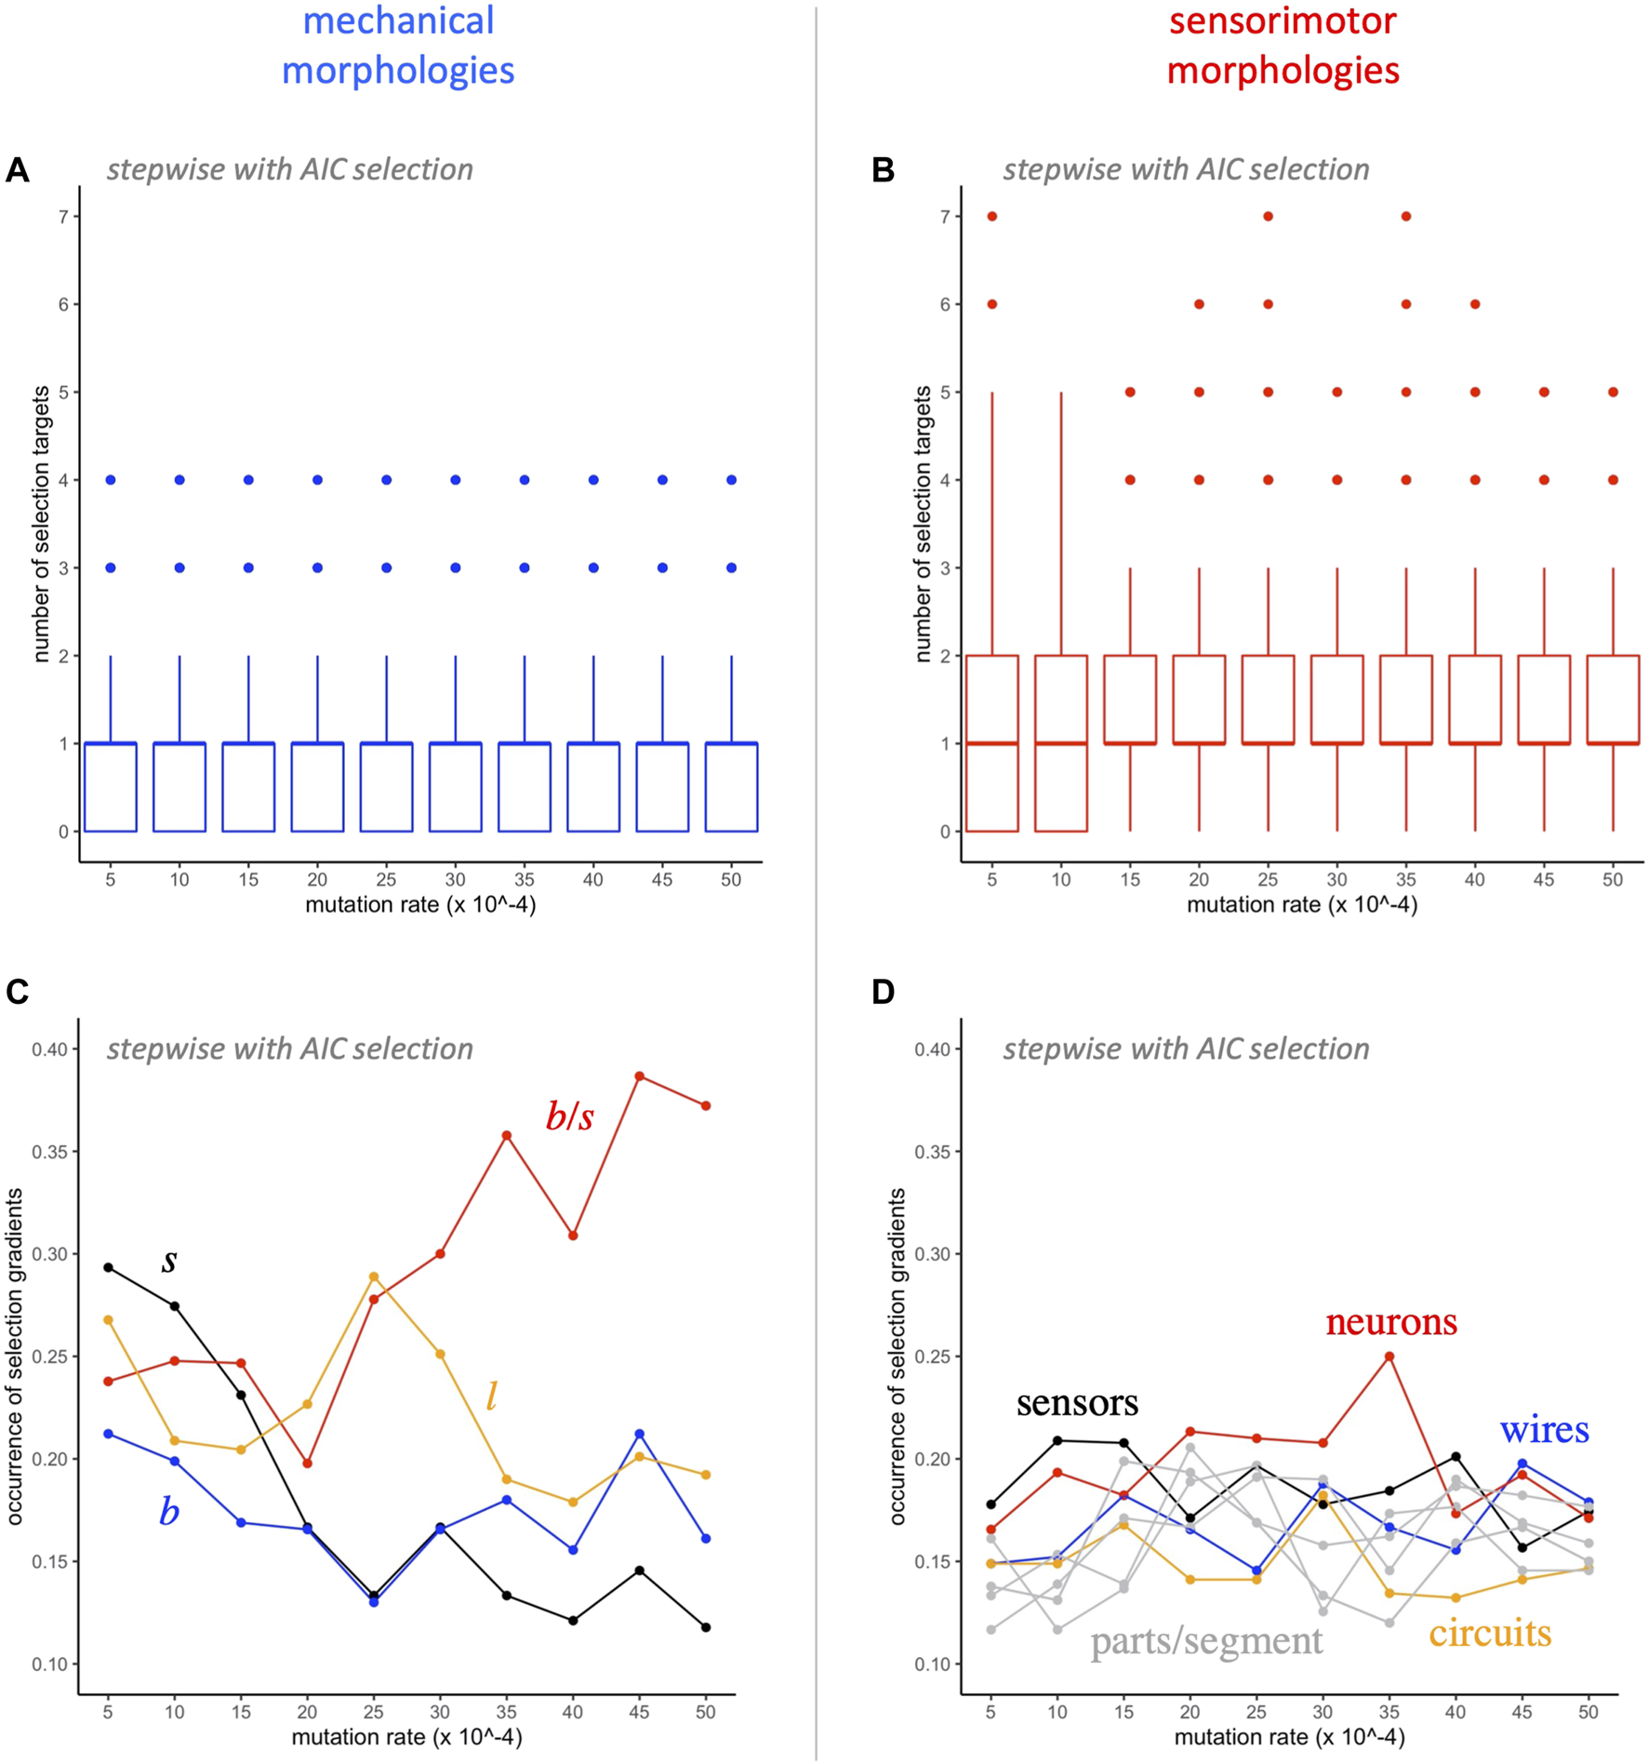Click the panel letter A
pyautogui.click(x=17, y=170)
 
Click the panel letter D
pyautogui.click(x=883, y=992)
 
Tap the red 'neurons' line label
pyautogui.click(x=1390, y=1322)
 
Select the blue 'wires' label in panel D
pyautogui.click(x=1544, y=1430)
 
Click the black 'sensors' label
pyautogui.click(x=1077, y=1403)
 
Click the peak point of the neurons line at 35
pyautogui.click(x=1389, y=1356)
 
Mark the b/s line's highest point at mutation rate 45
pyautogui.click(x=640, y=1076)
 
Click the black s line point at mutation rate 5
pyautogui.click(x=108, y=1267)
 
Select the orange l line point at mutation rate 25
pyautogui.click(x=374, y=1276)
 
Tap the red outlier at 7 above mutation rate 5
pyautogui.click(x=992, y=217)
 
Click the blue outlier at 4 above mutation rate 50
pyautogui.click(x=732, y=480)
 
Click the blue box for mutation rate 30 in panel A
pyautogui.click(x=456, y=787)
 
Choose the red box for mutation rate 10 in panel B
pyautogui.click(x=1061, y=743)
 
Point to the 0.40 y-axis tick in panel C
pyautogui.click(x=49, y=1049)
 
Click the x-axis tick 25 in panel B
pyautogui.click(x=1268, y=879)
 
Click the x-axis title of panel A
pyautogui.click(x=420, y=904)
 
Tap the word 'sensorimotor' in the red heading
pyautogui.click(x=1283, y=21)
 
